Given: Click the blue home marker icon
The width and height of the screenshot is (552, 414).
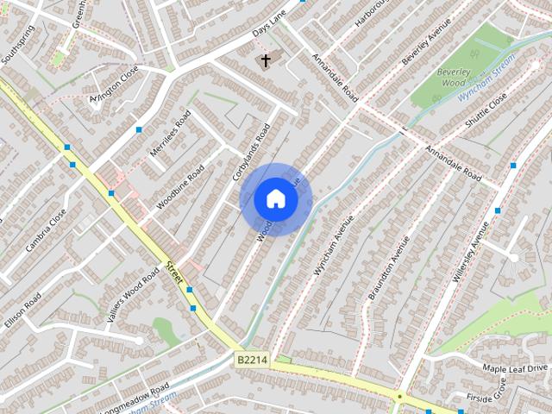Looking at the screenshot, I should point(276,199).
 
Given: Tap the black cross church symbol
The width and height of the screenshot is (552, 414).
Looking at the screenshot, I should point(266,60).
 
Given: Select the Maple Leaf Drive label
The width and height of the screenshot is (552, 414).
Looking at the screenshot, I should point(515,368).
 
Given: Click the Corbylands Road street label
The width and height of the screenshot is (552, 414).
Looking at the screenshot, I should point(251,152).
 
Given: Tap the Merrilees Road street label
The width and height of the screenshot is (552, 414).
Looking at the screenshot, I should point(170,135).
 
